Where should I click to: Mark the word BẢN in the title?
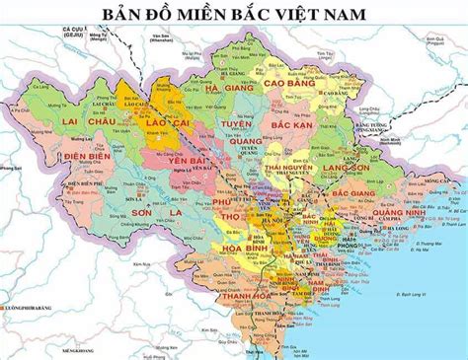point(127,13)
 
